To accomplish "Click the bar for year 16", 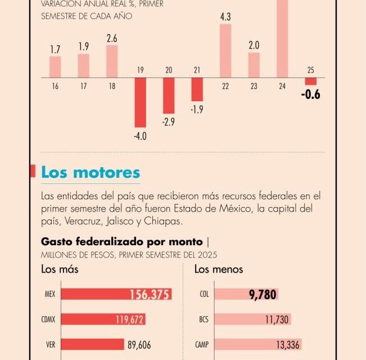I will click(x=55, y=66).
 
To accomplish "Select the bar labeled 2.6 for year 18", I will click(x=112, y=61).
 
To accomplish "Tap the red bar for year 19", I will click(x=140, y=102).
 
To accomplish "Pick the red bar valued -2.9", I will click(x=169, y=96).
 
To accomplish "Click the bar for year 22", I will click(x=225, y=51).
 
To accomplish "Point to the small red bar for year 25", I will click(x=310, y=81).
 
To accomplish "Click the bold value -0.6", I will click(x=310, y=94).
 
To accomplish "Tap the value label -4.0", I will click(x=140, y=136).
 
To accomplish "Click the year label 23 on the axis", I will click(x=254, y=86).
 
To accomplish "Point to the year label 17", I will click(x=83, y=86).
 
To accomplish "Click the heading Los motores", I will click(x=91, y=172).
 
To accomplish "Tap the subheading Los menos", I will click(x=219, y=269).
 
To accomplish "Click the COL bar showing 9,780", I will click(x=246, y=294).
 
